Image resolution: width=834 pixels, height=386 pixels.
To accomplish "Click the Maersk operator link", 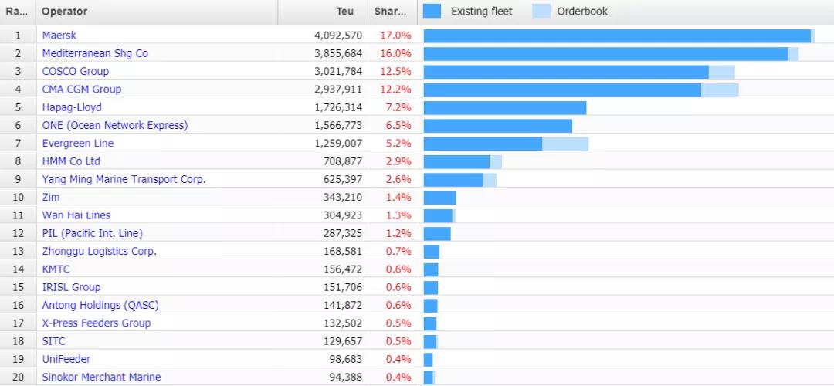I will tap(59, 36).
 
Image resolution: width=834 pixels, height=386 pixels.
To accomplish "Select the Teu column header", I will tap(345, 12).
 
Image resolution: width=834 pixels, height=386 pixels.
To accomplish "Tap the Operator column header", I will tap(65, 12).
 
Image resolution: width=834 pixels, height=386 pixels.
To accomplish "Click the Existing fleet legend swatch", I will tap(432, 12).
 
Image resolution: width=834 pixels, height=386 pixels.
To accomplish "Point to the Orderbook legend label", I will tap(582, 12).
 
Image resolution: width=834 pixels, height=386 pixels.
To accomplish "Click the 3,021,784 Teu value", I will tap(338, 72).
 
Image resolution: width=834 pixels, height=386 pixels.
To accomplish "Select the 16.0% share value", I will tap(395, 53).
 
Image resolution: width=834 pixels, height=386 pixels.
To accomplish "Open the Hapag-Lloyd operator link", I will tap(72, 107).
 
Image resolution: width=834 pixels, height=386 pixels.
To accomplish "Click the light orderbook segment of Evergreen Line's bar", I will tap(565, 144).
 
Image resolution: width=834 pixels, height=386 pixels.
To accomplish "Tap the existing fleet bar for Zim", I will tap(439, 198).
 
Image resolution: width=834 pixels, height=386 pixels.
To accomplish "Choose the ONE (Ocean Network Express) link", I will tap(115, 125).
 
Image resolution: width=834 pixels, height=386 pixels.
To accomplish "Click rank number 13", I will tap(17, 251).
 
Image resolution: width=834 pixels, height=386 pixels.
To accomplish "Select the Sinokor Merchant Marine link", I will tap(101, 378).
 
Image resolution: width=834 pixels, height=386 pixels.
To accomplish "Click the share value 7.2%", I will tap(395, 107).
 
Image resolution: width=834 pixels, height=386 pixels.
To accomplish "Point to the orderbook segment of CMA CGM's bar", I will tap(720, 90).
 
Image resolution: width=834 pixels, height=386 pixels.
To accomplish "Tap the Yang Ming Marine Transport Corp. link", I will tap(124, 179).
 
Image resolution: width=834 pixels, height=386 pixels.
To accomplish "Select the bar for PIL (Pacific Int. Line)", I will tap(437, 233).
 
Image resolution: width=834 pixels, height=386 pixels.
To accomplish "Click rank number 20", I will tap(17, 378).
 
